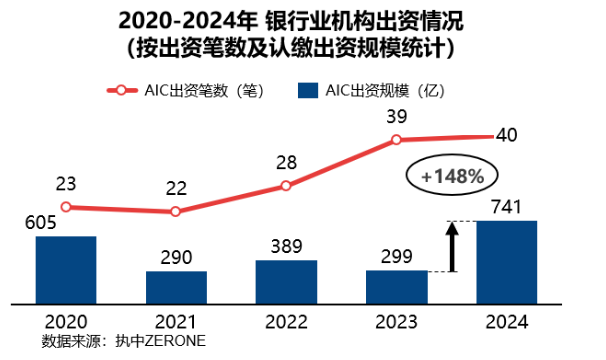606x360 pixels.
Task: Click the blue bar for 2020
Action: (66, 270)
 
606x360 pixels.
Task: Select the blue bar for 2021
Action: (176, 287)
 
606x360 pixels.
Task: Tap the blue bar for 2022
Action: (286, 282)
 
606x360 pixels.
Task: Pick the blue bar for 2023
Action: (397, 287)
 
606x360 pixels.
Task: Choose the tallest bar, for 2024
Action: (507, 262)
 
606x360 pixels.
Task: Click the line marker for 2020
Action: (66, 207)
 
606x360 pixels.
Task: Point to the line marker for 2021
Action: (175, 212)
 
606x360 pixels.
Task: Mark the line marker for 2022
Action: (286, 186)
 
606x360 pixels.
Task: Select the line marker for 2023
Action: (396, 140)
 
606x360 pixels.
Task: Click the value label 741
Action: (507, 207)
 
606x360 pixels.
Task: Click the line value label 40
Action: (507, 135)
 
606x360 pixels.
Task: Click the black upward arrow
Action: (452, 247)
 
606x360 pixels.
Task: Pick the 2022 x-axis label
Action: (286, 322)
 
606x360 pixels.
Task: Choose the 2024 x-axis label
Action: (507, 322)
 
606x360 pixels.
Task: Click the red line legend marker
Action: (122, 90)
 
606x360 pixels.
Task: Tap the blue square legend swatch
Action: (307, 90)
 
